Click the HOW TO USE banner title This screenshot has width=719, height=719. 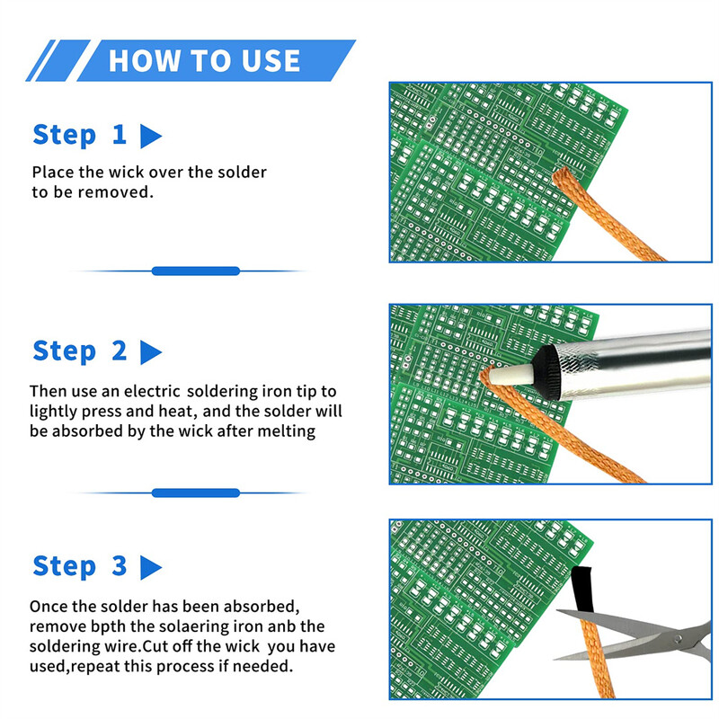click(x=204, y=60)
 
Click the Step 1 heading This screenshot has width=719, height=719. click(x=80, y=135)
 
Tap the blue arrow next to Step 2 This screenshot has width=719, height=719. click(x=151, y=352)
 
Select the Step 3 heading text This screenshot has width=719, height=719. click(x=80, y=566)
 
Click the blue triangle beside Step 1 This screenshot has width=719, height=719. click(x=151, y=137)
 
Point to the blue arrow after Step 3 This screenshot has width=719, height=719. click(x=151, y=568)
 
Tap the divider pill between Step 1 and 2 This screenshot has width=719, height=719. click(x=195, y=271)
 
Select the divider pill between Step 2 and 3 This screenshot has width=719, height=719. click(x=195, y=493)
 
